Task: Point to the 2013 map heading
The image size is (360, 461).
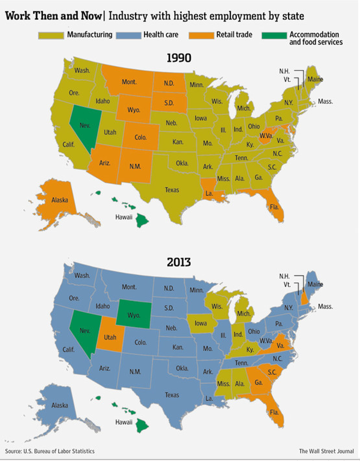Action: [x=179, y=262]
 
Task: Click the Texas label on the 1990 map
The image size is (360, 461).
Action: [x=172, y=190]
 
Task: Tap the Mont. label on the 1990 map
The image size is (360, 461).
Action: [x=129, y=82]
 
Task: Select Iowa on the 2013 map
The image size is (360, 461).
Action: [x=201, y=324]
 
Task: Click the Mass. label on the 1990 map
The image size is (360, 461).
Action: [x=325, y=102]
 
